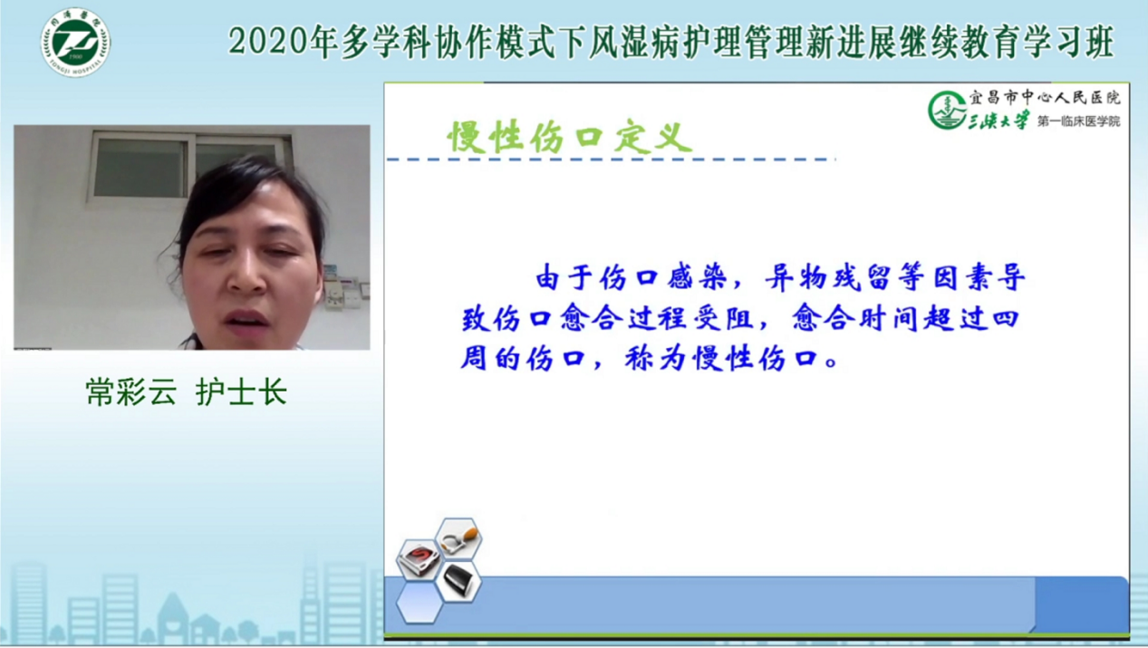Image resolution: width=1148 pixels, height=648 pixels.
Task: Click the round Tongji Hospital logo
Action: point(75,42)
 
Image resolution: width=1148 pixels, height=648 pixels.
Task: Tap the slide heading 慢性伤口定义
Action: point(569,137)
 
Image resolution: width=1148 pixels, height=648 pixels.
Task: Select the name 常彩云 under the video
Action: point(131,392)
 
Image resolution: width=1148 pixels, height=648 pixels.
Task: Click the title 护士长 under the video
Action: point(241,392)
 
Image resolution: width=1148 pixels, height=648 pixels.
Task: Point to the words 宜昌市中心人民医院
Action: point(1045,97)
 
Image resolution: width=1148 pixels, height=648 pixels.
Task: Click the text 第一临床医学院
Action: point(1079,121)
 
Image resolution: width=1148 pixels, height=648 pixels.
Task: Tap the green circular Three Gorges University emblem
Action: point(946,111)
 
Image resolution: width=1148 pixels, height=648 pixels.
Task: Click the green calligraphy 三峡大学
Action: point(998,121)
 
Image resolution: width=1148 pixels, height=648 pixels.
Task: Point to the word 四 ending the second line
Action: point(1005,318)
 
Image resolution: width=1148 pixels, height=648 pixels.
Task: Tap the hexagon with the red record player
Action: point(420,560)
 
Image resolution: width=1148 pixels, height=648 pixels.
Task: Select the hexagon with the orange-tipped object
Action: point(458,538)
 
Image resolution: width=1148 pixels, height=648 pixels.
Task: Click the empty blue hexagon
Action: point(420,603)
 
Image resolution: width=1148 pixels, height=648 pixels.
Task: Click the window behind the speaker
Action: point(189,165)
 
